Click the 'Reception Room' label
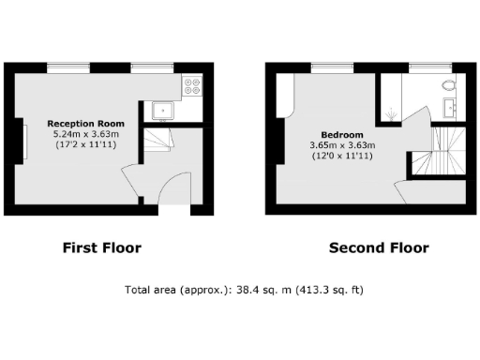(x=85, y=124)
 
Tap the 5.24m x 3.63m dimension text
(x=85, y=134)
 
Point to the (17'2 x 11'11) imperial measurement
(x=85, y=145)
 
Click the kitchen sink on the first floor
(x=163, y=112)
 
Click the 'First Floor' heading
(x=101, y=248)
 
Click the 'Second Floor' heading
(x=379, y=248)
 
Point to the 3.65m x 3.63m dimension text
(x=342, y=145)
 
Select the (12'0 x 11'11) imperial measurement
(x=342, y=157)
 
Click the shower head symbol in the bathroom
(x=389, y=116)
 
